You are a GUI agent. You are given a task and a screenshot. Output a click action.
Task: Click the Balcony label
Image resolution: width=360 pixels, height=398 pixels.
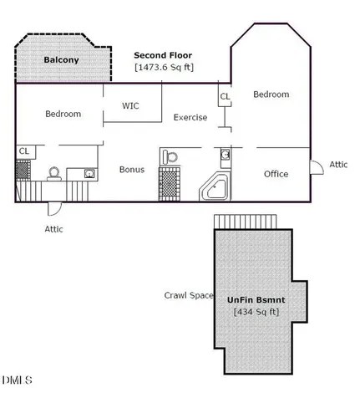tap(61, 60)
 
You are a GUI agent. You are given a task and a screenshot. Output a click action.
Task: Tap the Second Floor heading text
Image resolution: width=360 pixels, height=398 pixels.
tap(163, 55)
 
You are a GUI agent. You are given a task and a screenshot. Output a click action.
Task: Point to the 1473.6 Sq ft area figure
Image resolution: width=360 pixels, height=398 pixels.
tap(164, 68)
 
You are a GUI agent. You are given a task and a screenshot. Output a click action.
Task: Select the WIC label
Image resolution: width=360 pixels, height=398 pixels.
tap(130, 106)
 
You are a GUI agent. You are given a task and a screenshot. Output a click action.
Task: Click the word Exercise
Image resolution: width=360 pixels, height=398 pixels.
tap(190, 117)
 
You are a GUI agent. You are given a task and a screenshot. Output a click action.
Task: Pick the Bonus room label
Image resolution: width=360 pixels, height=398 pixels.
tap(132, 170)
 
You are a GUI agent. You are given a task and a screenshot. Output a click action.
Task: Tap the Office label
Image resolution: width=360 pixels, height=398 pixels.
tap(276, 174)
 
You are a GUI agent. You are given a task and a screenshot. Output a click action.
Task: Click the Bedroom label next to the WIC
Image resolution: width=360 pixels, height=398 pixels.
tap(63, 114)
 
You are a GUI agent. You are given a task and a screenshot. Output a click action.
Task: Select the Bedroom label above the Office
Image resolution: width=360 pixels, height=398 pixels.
tap(271, 94)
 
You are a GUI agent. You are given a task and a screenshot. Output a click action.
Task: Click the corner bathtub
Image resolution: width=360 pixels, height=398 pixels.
tap(215, 186)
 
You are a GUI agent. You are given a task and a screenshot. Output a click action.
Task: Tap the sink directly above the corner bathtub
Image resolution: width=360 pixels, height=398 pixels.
tap(226, 154)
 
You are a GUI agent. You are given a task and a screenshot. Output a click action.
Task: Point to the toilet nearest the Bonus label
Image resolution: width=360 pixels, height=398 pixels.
tap(170, 157)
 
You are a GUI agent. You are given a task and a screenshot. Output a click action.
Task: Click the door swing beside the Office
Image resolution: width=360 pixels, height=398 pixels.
tap(317, 167)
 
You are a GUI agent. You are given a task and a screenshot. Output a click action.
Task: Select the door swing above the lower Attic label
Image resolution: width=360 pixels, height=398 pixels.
tap(54, 209)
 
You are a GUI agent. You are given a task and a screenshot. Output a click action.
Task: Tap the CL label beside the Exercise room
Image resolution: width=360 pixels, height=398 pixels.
tap(225, 96)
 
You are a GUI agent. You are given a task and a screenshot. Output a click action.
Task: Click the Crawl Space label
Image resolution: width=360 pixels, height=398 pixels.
tap(189, 295)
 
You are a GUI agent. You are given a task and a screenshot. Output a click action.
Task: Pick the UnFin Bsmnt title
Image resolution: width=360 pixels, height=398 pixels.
tap(256, 300)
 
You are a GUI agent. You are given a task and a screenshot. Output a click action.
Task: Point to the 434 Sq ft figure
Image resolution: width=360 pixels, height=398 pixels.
tap(256, 312)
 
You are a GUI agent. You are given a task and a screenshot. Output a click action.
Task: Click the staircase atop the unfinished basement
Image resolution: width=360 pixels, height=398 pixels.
tap(246, 222)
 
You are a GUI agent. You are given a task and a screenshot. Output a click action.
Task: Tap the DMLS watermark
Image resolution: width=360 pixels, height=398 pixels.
tap(18, 380)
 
